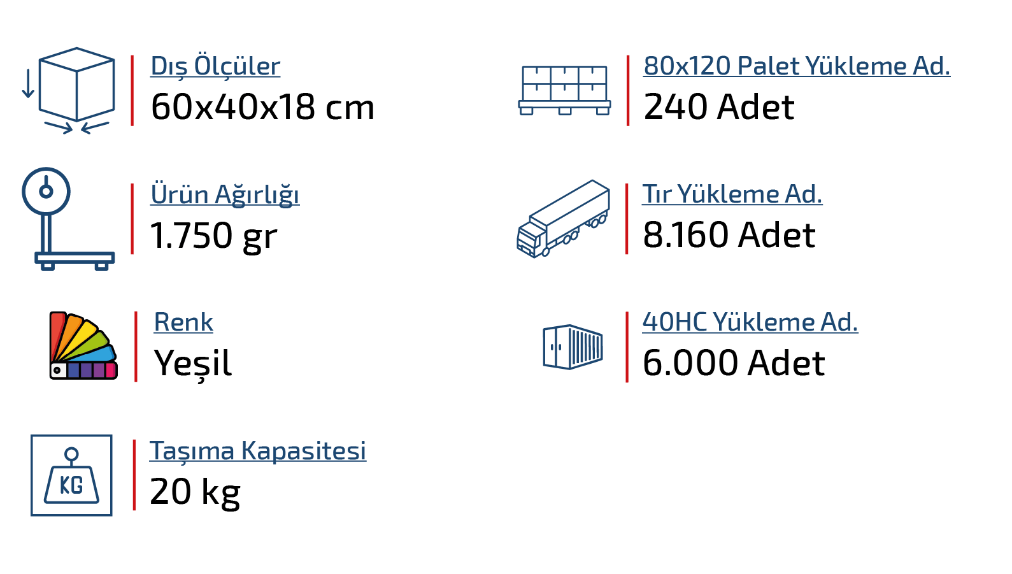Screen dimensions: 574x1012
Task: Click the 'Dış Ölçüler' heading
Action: click(x=215, y=66)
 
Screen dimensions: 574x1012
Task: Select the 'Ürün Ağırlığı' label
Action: click(x=224, y=194)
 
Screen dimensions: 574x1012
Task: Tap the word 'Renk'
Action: click(x=183, y=322)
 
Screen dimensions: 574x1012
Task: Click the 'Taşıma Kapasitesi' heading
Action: click(x=257, y=451)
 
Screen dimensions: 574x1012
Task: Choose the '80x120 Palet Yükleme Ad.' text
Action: click(x=796, y=66)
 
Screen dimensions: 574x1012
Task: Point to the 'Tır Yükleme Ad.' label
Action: click(x=732, y=194)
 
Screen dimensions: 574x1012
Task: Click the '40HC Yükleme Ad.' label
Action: click(x=750, y=322)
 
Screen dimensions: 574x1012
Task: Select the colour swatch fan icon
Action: click(x=83, y=346)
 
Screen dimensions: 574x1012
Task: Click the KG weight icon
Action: click(x=71, y=475)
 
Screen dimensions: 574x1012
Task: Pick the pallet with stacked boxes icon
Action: click(x=564, y=90)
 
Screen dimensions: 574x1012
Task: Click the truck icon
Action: click(x=563, y=219)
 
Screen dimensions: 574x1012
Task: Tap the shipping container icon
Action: click(x=573, y=347)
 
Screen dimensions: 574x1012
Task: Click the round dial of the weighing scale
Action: click(x=46, y=190)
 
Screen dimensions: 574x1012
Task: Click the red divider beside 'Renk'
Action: click(x=136, y=347)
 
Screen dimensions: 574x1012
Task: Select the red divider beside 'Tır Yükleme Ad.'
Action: click(x=627, y=219)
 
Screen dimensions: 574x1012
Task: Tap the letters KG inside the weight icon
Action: click(x=71, y=486)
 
